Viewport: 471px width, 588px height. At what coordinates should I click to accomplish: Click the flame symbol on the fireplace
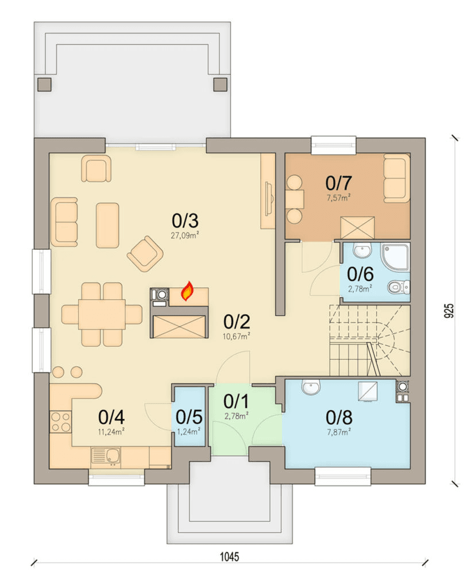pyautogui.click(x=187, y=291)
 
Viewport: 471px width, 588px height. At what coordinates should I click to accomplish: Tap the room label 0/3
pyautogui.click(x=185, y=221)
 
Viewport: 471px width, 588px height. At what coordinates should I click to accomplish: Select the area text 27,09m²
pyautogui.click(x=185, y=235)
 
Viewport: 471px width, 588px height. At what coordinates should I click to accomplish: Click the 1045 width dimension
pyautogui.click(x=229, y=556)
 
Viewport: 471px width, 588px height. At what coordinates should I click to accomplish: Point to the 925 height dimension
pyautogui.click(x=449, y=311)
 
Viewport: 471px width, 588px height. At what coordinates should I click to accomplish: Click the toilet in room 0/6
pyautogui.click(x=398, y=287)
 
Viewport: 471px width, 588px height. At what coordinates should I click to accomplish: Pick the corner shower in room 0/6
pyautogui.click(x=395, y=257)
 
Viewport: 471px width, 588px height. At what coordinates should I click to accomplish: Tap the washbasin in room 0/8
pyautogui.click(x=311, y=387)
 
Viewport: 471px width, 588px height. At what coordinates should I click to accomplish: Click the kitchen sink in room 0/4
pyautogui.click(x=106, y=457)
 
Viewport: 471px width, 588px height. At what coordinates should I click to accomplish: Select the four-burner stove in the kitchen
pyautogui.click(x=60, y=422)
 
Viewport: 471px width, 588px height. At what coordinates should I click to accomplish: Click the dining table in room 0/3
pyautogui.click(x=102, y=314)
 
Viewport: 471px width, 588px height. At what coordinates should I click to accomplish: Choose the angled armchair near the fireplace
pyautogui.click(x=145, y=253)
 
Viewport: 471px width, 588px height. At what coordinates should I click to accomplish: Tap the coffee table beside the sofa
pyautogui.click(x=107, y=225)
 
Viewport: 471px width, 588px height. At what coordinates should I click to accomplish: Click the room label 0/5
pyautogui.click(x=189, y=417)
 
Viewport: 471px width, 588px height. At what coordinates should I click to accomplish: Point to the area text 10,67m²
pyautogui.click(x=236, y=336)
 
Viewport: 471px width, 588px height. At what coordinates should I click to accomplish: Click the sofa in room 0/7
pyautogui.click(x=396, y=178)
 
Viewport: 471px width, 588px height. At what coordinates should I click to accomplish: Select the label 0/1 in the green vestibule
pyautogui.click(x=236, y=401)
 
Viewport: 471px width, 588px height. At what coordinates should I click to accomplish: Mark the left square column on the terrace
pyautogui.click(x=44, y=84)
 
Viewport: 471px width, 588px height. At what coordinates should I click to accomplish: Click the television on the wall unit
pyautogui.click(x=268, y=199)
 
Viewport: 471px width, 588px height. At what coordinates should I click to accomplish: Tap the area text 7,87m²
pyautogui.click(x=339, y=432)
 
